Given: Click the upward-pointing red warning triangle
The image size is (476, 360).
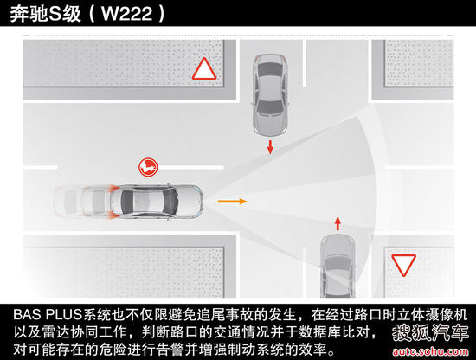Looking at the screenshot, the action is (204, 70).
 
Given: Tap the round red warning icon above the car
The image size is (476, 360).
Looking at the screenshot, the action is (148, 167).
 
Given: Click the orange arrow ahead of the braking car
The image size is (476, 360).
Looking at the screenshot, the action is (232, 202).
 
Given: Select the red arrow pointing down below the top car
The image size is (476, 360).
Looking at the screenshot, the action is (270, 146).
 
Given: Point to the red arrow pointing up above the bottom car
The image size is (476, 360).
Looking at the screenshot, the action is (338, 223).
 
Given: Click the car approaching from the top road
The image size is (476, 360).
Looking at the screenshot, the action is (270, 95).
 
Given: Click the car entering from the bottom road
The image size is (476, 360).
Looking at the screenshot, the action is (338, 267).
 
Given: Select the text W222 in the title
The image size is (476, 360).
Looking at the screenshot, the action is (127, 14).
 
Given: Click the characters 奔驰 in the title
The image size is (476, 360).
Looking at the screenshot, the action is (29, 14).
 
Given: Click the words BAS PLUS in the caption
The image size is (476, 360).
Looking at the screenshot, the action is (48, 315).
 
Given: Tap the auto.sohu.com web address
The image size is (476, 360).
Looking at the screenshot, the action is (430, 351).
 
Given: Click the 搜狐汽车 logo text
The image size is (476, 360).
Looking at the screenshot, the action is (430, 333).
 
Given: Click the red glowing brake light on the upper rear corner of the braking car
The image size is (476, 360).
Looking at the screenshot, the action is (114, 190).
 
